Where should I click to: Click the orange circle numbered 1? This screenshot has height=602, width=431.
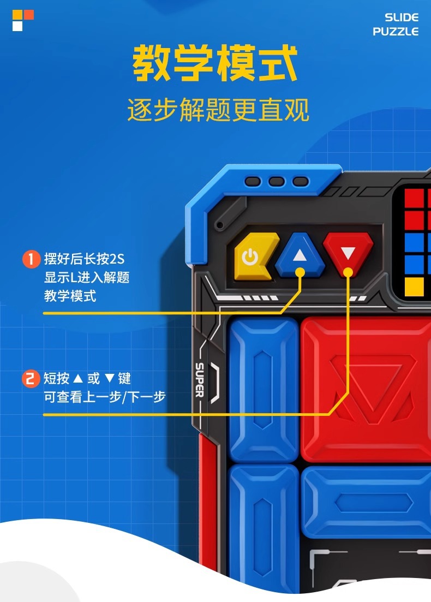tap(31, 259)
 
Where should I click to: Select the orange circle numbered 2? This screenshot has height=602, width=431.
tap(31, 378)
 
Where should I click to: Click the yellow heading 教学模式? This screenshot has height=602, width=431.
tap(215, 64)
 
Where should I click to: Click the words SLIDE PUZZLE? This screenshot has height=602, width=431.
tap(396, 25)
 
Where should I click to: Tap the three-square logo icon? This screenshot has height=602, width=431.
tap(23, 20)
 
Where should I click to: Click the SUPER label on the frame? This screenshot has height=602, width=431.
tap(200, 379)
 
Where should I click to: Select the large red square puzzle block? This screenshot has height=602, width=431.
tap(366, 389)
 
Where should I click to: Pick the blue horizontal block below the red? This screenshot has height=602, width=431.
tap(366, 503)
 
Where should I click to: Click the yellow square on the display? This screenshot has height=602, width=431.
tap(414, 285)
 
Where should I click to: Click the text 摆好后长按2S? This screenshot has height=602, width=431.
tap(85, 259)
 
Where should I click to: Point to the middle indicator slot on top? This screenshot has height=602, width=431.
tap(277, 181)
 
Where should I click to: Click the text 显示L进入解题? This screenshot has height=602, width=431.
tap(87, 277)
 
